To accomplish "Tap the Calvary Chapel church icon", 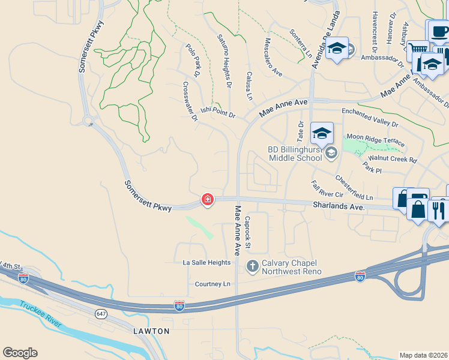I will (x=253, y=265).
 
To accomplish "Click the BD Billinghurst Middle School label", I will (x=295, y=154).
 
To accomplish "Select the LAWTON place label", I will (x=151, y=331).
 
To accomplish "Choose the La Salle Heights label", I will (x=206, y=263).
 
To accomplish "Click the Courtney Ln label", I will (x=212, y=284).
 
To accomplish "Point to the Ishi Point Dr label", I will (x=218, y=111).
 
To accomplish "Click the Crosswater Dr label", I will (x=190, y=102).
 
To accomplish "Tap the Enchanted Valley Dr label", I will (x=370, y=117).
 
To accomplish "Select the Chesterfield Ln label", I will (x=354, y=188).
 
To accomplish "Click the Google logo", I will (x=20, y=353).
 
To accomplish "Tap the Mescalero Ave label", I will (x=273, y=58).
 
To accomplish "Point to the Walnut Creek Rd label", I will (x=393, y=160).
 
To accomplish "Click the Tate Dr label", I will (x=301, y=131).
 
